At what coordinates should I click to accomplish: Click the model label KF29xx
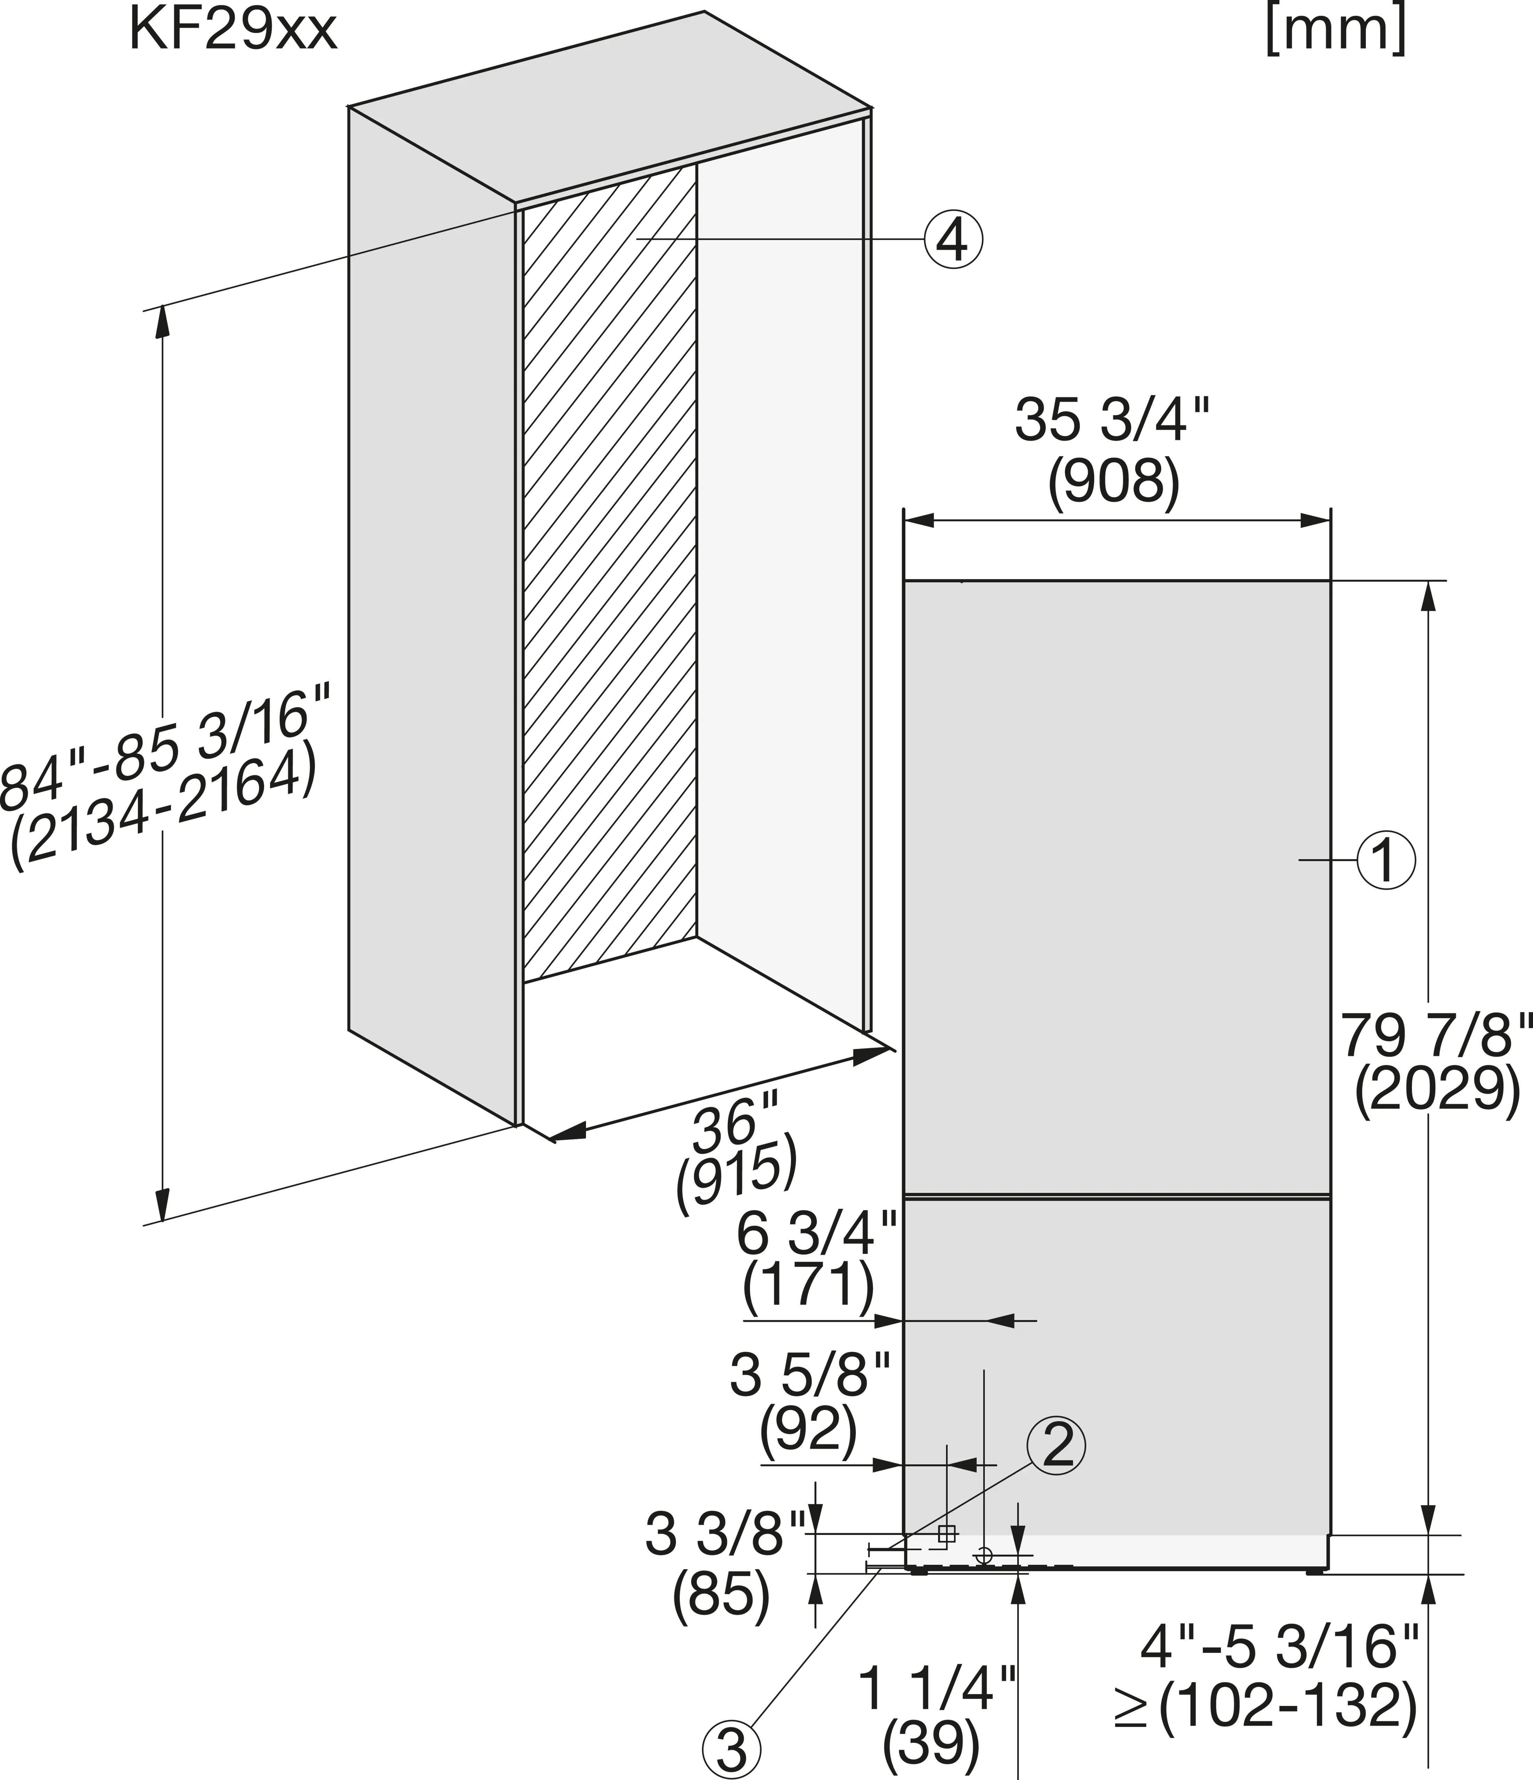[x=233, y=31]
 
